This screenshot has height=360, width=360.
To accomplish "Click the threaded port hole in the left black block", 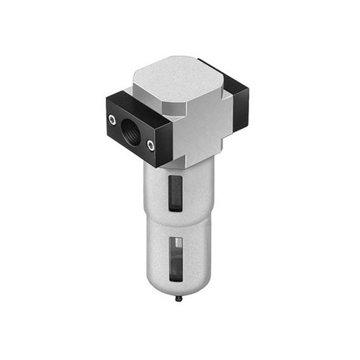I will (x=131, y=132).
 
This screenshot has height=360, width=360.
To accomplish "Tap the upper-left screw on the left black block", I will (x=112, y=119).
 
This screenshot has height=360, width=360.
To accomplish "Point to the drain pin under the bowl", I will (x=179, y=294).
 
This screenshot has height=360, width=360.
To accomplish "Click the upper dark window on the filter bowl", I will (x=175, y=193).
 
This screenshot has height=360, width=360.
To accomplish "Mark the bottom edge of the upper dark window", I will (x=175, y=210).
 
